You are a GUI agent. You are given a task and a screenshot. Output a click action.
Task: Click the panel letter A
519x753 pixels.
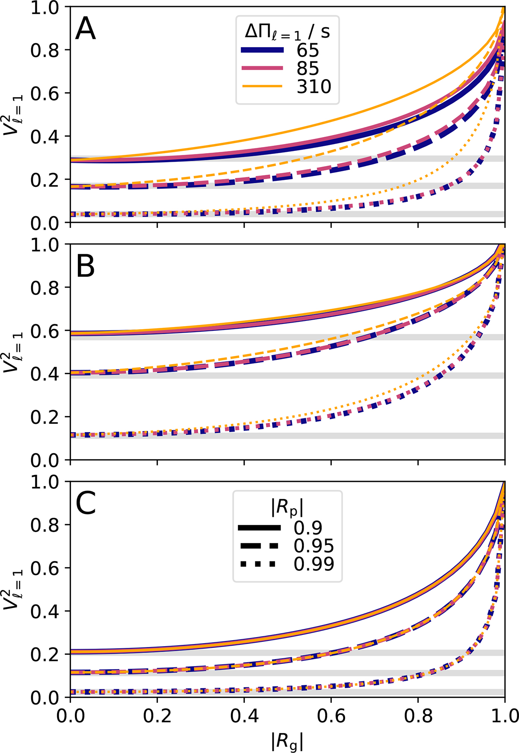pyautogui.click(x=85, y=30)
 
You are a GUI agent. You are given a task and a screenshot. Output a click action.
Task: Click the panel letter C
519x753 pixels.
pyautogui.click(x=85, y=504)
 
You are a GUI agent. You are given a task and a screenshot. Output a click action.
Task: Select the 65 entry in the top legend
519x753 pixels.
pyautogui.click(x=308, y=51)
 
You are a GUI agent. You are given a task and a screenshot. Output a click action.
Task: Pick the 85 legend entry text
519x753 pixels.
pyautogui.click(x=308, y=69)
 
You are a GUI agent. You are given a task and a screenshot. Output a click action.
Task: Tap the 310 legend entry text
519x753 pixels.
pyautogui.click(x=314, y=87)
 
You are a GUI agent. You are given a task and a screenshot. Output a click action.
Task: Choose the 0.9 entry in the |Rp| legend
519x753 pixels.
pyautogui.click(x=308, y=528)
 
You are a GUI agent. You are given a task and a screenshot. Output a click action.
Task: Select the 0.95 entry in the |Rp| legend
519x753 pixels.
pyautogui.click(x=314, y=546)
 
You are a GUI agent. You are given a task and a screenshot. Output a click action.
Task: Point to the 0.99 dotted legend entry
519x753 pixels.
pyautogui.click(x=314, y=564)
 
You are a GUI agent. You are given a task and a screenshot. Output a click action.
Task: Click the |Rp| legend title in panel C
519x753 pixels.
pyautogui.click(x=287, y=508)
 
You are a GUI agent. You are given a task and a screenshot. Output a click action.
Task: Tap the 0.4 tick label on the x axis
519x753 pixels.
pyautogui.click(x=244, y=716)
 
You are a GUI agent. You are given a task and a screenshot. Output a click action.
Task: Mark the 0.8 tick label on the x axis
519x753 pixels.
pyautogui.click(x=418, y=716)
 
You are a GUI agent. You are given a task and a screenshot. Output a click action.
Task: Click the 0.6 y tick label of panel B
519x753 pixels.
pyautogui.click(x=45, y=331)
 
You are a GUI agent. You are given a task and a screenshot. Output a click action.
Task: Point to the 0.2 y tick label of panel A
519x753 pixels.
pyautogui.click(x=45, y=180)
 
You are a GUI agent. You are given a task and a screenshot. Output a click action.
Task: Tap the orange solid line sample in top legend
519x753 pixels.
pyautogui.click(x=262, y=87)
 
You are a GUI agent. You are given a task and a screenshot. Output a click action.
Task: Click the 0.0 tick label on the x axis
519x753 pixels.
pyautogui.click(x=70, y=716)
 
